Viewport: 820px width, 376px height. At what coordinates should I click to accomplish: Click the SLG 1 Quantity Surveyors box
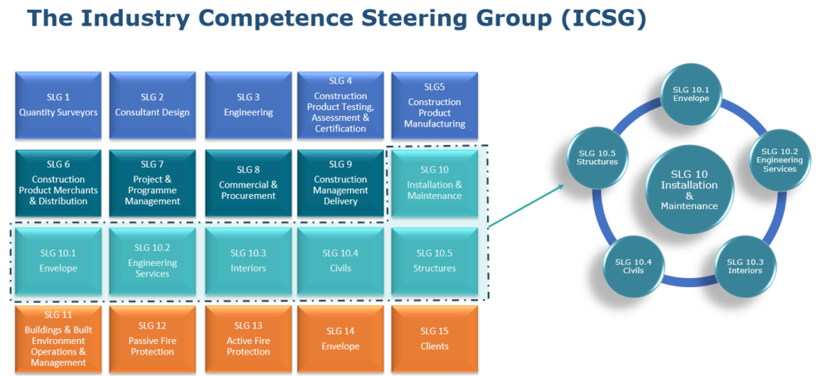[58, 104]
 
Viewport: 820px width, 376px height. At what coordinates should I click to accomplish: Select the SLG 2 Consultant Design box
[152, 104]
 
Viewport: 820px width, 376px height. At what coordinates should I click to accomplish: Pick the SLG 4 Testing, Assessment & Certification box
[340, 104]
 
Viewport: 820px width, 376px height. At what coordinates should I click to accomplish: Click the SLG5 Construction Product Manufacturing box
[435, 104]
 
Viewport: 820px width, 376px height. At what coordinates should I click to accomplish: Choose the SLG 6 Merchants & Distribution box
[58, 183]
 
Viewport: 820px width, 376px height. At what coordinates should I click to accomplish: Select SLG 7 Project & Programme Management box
[152, 183]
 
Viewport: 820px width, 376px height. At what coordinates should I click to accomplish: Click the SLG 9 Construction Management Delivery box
[340, 183]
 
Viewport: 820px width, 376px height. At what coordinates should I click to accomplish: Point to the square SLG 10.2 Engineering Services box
[152, 261]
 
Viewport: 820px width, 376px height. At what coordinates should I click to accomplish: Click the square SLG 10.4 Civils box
[340, 261]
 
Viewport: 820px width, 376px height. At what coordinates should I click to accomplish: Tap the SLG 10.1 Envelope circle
[690, 94]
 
